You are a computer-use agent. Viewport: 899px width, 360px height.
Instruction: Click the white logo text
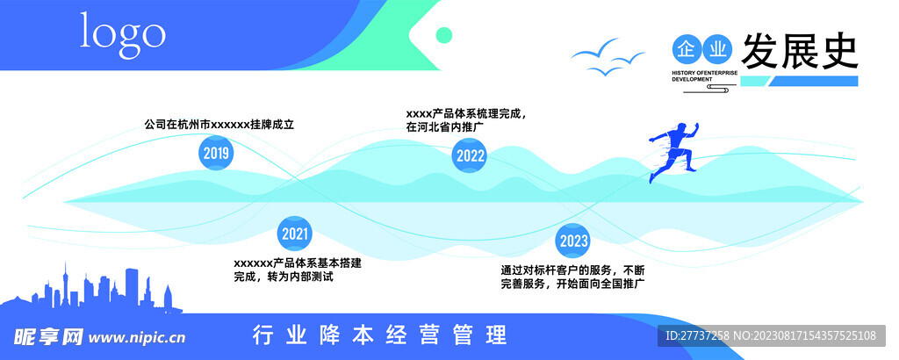click(123, 33)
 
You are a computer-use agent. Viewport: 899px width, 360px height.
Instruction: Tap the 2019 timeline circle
click(216, 155)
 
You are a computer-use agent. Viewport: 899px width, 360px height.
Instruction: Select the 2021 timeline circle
click(295, 234)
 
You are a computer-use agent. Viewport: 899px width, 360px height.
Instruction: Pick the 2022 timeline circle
click(470, 156)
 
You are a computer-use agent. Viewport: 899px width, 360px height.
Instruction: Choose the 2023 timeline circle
click(572, 240)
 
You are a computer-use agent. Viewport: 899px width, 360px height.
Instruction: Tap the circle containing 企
click(687, 47)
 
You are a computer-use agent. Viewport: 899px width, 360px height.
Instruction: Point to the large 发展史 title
click(799, 51)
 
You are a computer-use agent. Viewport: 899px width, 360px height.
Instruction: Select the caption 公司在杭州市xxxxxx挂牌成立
click(219, 125)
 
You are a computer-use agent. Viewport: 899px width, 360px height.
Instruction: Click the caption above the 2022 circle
click(466, 119)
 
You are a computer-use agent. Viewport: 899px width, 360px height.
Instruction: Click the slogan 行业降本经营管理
click(379, 335)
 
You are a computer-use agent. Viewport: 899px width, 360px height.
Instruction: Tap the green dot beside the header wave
click(444, 35)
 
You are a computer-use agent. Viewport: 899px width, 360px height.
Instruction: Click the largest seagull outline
click(593, 52)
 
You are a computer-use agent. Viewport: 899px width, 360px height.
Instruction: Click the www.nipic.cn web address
click(138, 336)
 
